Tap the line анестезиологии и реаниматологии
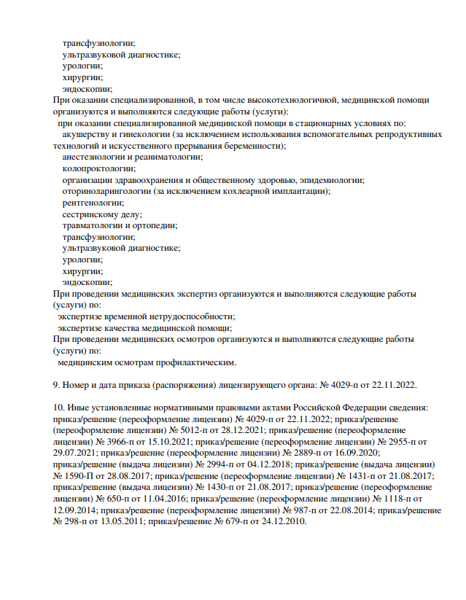click(x=133, y=157)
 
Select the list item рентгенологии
click(x=93, y=203)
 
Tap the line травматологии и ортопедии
click(x=120, y=225)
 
